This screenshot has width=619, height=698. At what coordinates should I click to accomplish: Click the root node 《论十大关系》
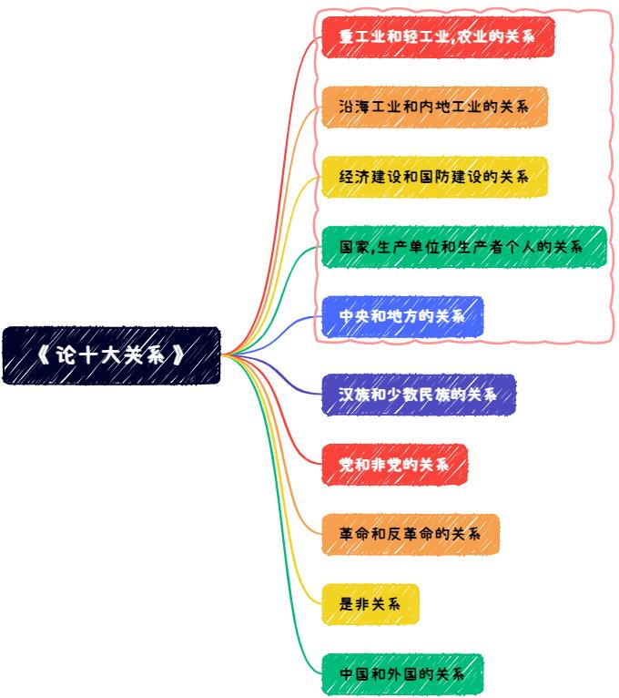click(x=111, y=355)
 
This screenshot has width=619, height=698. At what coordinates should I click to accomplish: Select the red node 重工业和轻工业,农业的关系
click(x=437, y=37)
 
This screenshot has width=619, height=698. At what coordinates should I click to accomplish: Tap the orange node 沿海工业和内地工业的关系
click(x=434, y=108)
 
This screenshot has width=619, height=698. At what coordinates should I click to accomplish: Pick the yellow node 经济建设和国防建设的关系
click(x=434, y=177)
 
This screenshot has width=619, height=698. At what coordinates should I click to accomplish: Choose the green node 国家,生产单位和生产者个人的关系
click(x=463, y=247)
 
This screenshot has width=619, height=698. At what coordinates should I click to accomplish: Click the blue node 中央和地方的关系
click(x=402, y=316)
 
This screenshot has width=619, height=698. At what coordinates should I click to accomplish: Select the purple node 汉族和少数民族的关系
click(x=419, y=395)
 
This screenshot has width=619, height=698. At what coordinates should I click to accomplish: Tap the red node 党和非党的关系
click(x=394, y=465)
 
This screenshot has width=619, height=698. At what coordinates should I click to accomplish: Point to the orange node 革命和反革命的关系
click(x=411, y=534)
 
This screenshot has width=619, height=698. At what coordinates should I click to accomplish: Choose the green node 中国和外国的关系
click(x=402, y=674)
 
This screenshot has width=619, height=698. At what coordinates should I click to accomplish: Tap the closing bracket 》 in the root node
click(x=180, y=355)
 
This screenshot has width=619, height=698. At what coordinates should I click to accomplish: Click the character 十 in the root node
click(x=92, y=355)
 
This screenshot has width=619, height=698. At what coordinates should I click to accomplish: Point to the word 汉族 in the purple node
click(x=353, y=395)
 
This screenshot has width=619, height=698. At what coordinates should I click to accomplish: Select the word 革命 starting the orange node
click(x=353, y=534)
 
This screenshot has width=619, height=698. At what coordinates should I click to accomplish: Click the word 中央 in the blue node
click(x=353, y=316)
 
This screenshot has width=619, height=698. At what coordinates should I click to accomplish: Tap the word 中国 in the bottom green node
click(x=353, y=674)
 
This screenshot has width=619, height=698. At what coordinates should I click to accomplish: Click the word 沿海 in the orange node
click(x=353, y=108)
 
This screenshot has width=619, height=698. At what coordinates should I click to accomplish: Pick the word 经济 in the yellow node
click(x=353, y=177)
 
